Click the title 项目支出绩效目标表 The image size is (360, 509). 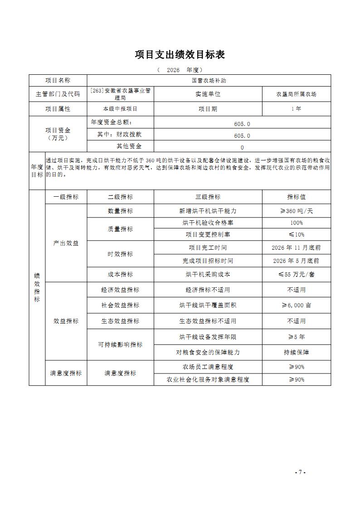pos(180,55)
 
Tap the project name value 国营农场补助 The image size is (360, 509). pos(209,80)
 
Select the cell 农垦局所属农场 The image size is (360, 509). pos(296,94)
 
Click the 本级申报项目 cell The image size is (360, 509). pos(120,109)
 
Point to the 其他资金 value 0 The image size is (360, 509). pos(242,147)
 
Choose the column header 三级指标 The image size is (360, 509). pos(208,197)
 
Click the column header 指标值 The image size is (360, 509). pos(296,197)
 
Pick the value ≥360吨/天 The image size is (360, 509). pos(296,211)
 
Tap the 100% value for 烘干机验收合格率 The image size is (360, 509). pos(296,223)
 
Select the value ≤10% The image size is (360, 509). pos(296,234)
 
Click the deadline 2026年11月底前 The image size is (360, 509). pos(296,247)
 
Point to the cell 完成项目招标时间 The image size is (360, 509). pos(208,261)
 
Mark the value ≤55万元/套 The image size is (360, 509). pos(296,274)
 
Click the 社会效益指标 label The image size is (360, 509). pos(120,305)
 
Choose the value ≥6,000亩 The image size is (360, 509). pos(296,305)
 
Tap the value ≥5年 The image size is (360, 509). pos(296,337)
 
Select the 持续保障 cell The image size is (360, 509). pos(296,352)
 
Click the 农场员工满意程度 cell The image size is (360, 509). pos(208,367)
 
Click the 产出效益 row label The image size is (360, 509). pos(66,243)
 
